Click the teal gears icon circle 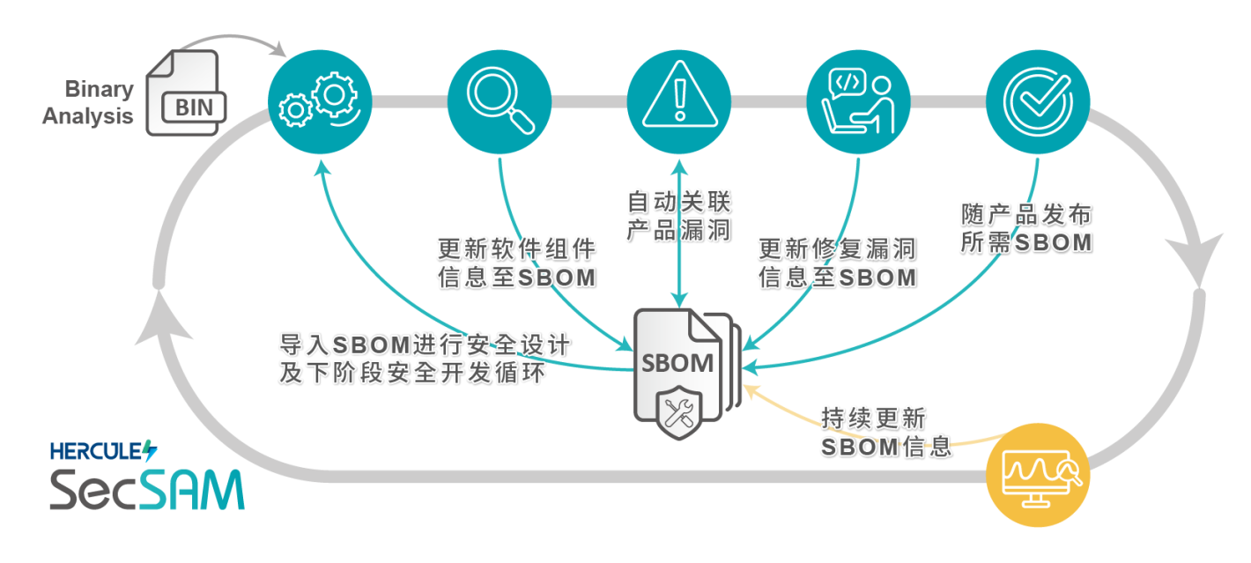pos(320,102)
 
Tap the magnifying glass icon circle pos(500,102)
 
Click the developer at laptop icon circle pos(857,102)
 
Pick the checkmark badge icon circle pos(1038,102)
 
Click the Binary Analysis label pos(89,102)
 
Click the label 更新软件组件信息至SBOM pos(516,261)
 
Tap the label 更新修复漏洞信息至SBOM pos(837,261)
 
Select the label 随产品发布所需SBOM pos(1026,227)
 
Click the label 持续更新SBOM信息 pos(885,432)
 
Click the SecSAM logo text pos(146,488)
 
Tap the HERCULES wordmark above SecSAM pos(102,450)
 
